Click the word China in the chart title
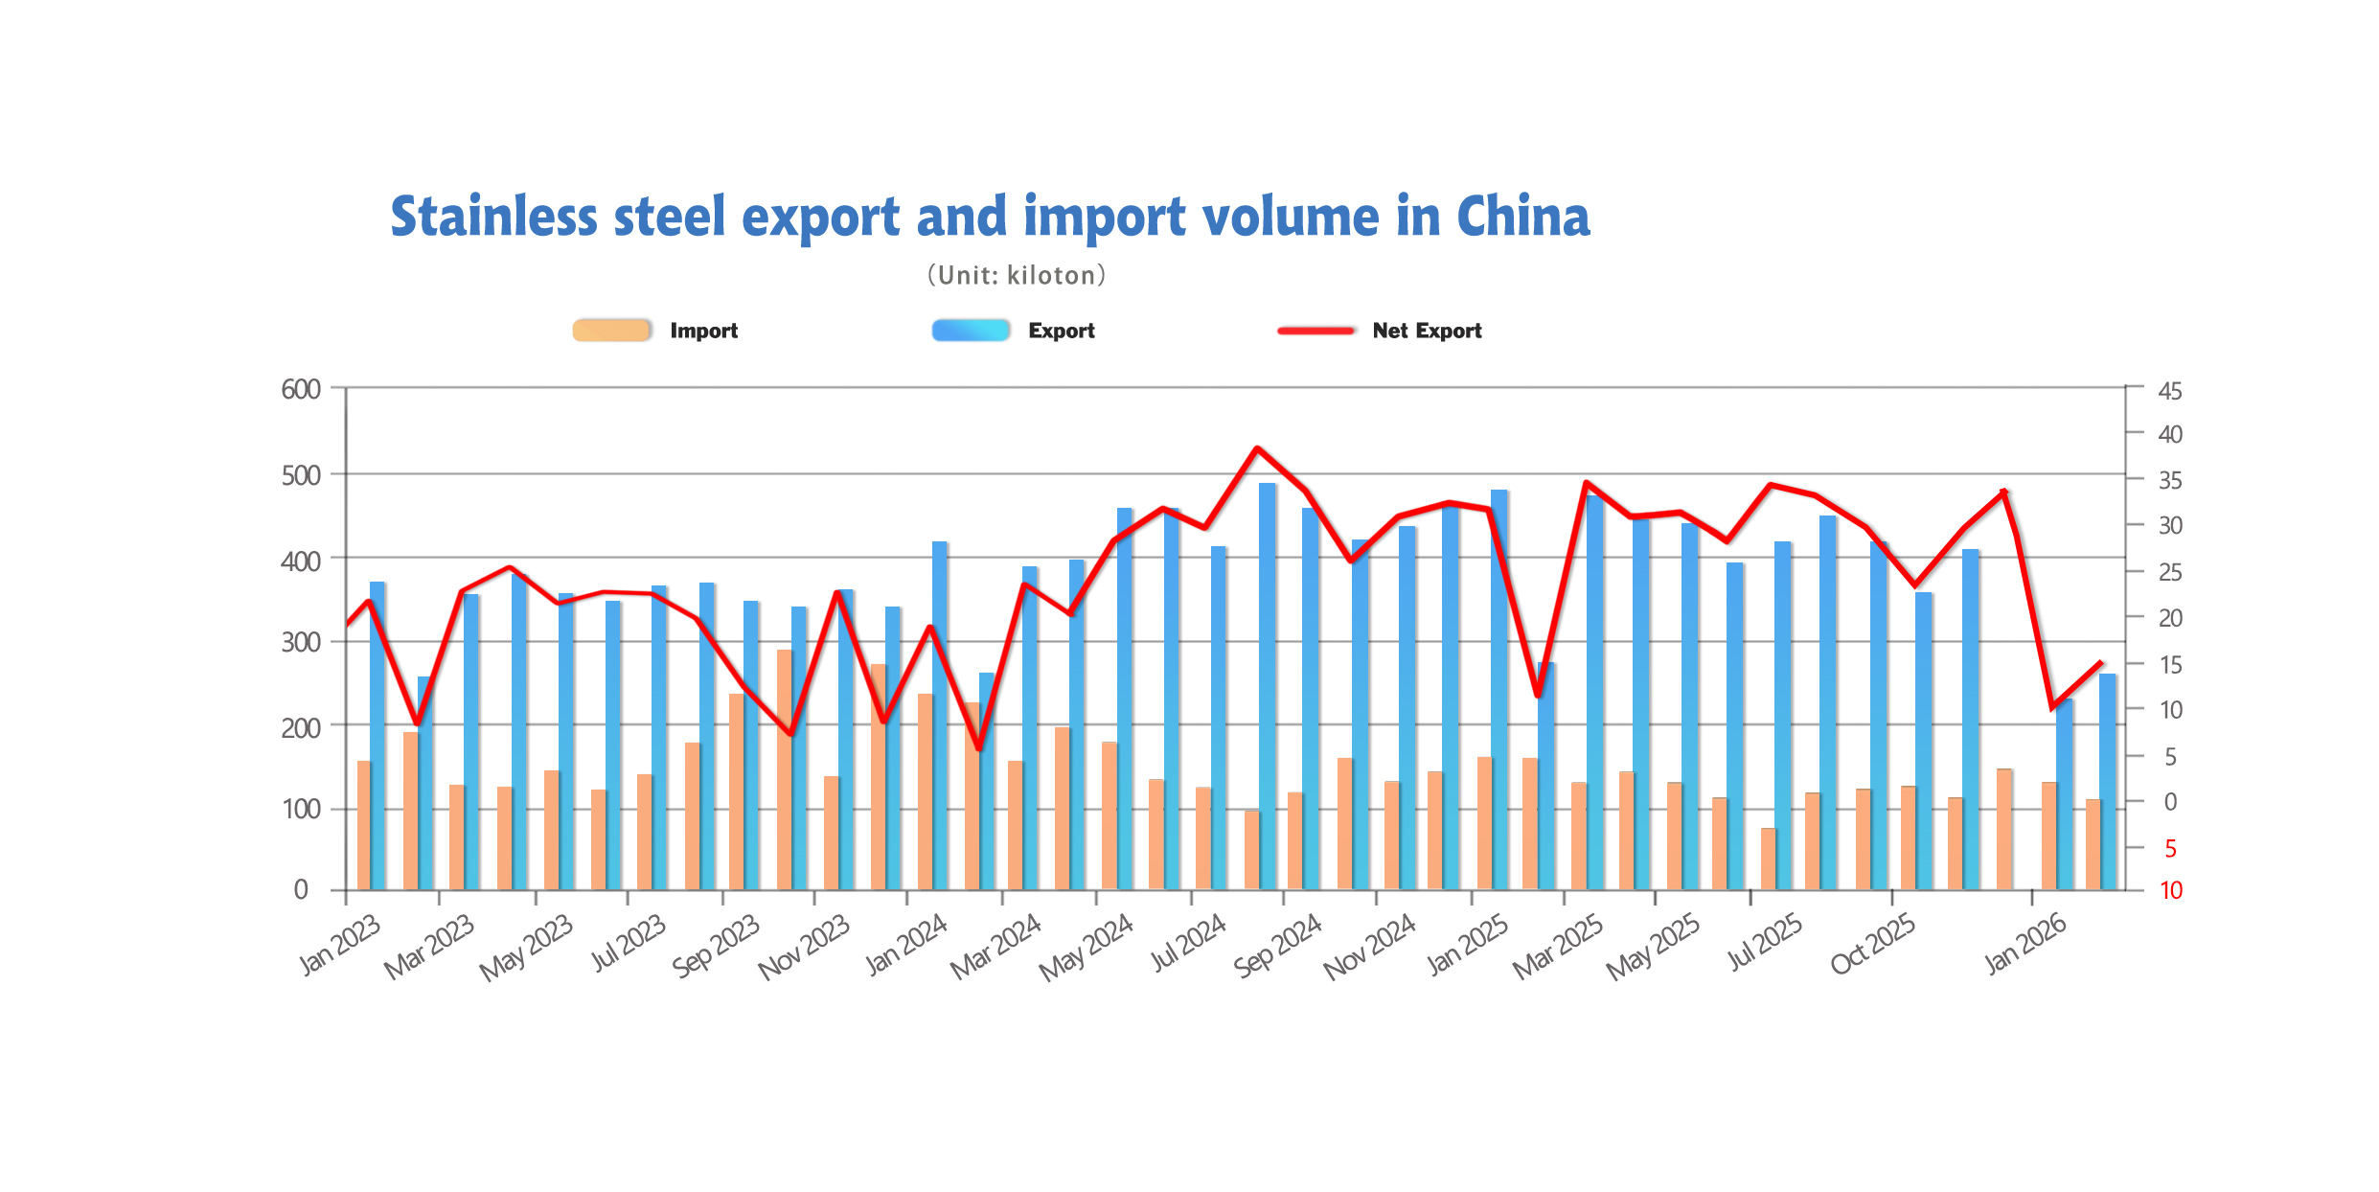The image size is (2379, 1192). [1522, 217]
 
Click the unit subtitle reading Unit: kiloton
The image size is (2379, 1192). [1017, 276]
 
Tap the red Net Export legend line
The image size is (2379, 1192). [1316, 331]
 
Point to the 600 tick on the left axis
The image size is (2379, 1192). [301, 389]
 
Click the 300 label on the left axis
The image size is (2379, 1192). [301, 642]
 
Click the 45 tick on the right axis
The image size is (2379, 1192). [2170, 391]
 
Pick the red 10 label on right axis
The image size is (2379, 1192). [2170, 890]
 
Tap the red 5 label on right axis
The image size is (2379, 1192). [2170, 849]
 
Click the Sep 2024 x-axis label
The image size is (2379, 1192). [1277, 946]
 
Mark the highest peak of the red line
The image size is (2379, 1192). [1257, 448]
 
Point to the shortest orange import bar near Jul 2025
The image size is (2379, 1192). [1768, 859]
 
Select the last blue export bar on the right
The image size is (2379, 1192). [2107, 781]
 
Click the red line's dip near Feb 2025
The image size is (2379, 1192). [1538, 695]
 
